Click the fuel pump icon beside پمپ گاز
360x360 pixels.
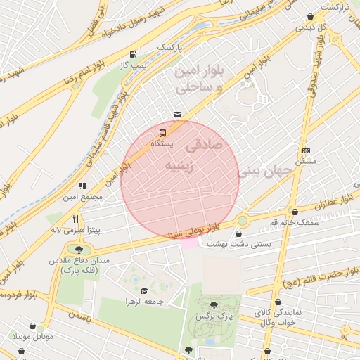pyautogui.click(x=133, y=54)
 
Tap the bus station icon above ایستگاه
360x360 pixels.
pyautogui.click(x=163, y=132)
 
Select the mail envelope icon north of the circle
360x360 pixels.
pyautogui.click(x=176, y=114)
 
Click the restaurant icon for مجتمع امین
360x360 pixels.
pyautogui.click(x=82, y=186)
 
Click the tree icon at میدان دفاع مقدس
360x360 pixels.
pyautogui.click(x=78, y=249)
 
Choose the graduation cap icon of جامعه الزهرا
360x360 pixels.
pyautogui.click(x=144, y=290)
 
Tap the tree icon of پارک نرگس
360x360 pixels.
pyautogui.click(x=214, y=305)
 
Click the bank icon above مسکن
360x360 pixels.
pyautogui.click(x=306, y=150)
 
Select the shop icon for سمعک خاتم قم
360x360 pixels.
pyautogui.click(x=295, y=212)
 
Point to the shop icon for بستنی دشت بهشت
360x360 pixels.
pyautogui.click(x=242, y=232)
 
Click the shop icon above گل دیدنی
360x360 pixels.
pyautogui.click(x=310, y=17)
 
